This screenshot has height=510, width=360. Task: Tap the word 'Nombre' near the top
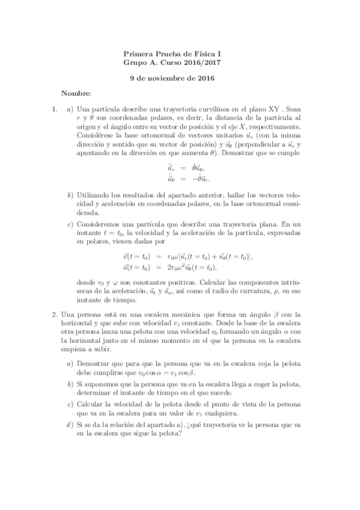(x=76, y=94)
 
